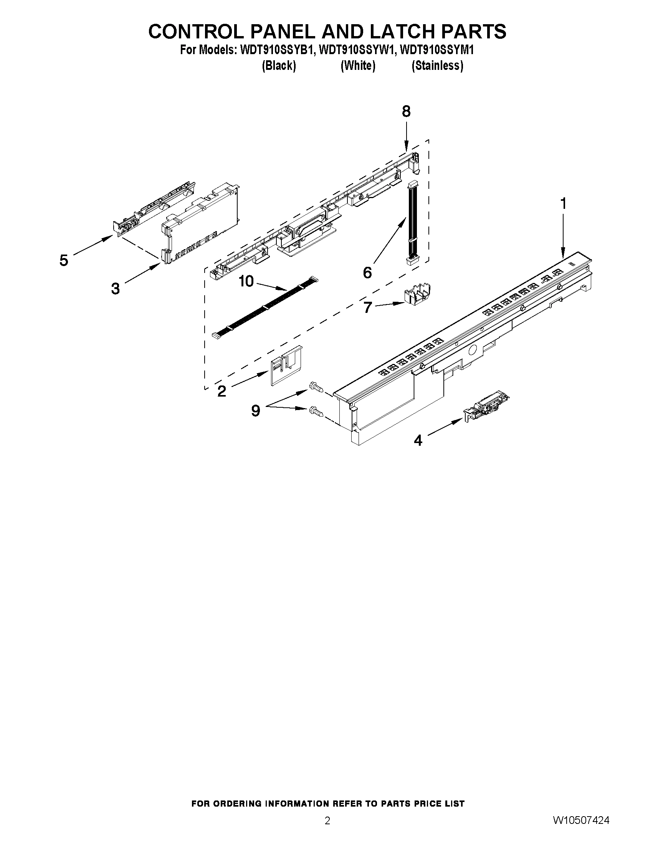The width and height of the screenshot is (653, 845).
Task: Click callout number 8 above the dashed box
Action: point(406,112)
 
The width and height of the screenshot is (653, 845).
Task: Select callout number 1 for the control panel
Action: point(563,203)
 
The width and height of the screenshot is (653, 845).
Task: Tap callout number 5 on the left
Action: point(64,260)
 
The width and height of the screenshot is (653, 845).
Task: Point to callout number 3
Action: point(115,289)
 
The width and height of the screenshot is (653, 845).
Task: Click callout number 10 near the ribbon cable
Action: point(246,281)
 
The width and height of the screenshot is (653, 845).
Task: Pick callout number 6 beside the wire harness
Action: point(367,273)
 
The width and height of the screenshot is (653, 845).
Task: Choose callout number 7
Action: point(367,307)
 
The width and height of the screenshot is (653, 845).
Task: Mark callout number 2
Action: point(222,391)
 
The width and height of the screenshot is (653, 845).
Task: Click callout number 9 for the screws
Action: point(255,410)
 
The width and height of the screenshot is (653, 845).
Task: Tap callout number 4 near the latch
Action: point(418,440)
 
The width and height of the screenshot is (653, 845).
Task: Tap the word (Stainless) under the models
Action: point(437,66)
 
